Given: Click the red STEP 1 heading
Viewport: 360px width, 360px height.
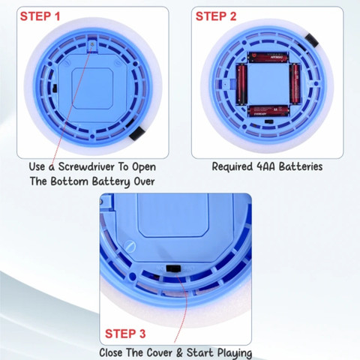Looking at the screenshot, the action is (x=40, y=16).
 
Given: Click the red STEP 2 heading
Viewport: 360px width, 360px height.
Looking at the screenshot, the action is (x=216, y=16).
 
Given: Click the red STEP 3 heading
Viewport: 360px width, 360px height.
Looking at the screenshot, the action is (x=125, y=334).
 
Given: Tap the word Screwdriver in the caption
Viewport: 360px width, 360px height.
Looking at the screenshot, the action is (x=86, y=167).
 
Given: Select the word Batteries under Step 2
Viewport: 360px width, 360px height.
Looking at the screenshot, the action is (x=301, y=166).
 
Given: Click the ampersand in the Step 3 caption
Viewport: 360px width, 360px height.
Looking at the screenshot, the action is (x=179, y=353).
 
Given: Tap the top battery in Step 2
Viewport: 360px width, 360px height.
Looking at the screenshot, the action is (x=268, y=57).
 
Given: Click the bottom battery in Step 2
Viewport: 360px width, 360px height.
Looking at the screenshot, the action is (x=268, y=110).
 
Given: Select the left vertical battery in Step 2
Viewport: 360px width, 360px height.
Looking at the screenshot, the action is (x=241, y=84).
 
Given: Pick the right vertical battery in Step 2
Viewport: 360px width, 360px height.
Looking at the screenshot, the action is (x=295, y=84).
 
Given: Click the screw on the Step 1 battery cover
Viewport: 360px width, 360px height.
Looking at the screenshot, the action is (x=93, y=43).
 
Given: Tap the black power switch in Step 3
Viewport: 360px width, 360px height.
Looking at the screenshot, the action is (x=173, y=268).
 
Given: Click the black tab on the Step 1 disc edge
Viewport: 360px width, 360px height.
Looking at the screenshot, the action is (x=137, y=133).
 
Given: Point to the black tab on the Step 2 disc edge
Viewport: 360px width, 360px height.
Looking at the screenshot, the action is (x=312, y=40).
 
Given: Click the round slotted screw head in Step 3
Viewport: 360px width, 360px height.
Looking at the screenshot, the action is (x=130, y=246).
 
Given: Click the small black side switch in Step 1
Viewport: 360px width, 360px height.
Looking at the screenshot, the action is (x=55, y=88).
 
